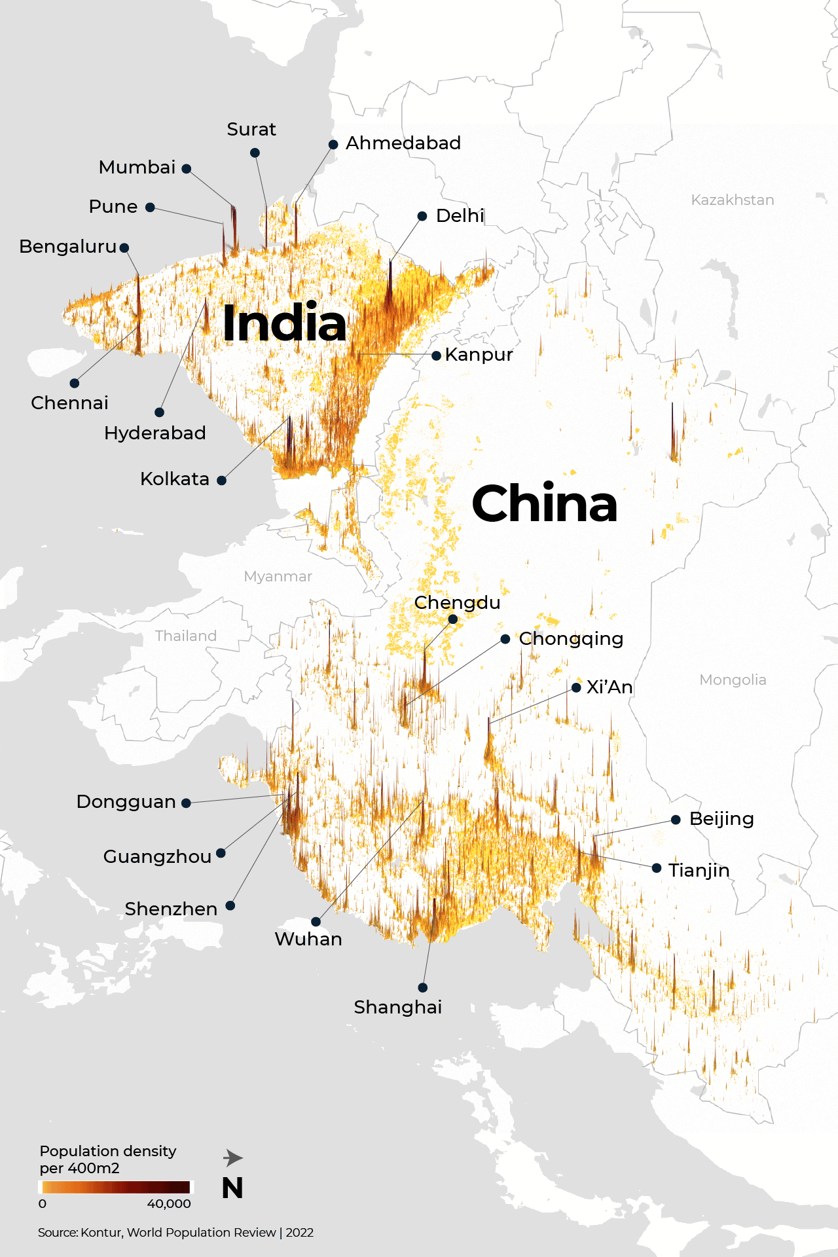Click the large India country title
[x=284, y=323]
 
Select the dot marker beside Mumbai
[x=187, y=169]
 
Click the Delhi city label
[x=460, y=215]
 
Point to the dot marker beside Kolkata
[x=221, y=481]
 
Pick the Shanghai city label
[x=397, y=1007]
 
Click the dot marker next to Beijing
[x=676, y=820]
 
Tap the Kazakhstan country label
[x=732, y=200]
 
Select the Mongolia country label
[x=732, y=680]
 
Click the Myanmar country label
[x=278, y=576]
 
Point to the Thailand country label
[x=185, y=636]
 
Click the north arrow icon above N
[x=232, y=1158]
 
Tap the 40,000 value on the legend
[x=169, y=1203]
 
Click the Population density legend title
[x=107, y=1159]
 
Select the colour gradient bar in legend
[x=116, y=1187]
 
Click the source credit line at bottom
[x=175, y=1232]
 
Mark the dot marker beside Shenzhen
[x=230, y=906]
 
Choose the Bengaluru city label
[x=67, y=247]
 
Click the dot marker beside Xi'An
[x=576, y=687]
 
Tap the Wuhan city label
[x=308, y=939]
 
